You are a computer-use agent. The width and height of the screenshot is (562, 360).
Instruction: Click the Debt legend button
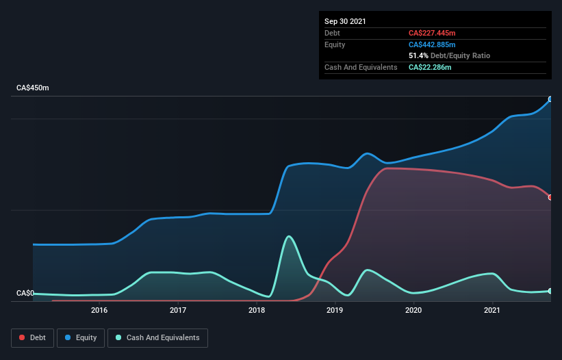pos(31,337)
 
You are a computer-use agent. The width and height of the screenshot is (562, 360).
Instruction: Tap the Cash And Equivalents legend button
pos(157,337)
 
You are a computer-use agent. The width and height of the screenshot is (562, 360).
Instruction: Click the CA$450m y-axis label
pos(33,88)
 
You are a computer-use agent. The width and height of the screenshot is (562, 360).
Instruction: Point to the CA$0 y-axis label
pos(25,294)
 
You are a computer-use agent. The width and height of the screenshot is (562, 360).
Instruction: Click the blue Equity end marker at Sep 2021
pos(550,99)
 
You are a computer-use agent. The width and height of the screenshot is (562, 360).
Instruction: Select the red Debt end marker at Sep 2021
pos(550,197)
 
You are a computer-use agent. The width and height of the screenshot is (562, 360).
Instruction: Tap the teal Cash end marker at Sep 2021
pos(550,291)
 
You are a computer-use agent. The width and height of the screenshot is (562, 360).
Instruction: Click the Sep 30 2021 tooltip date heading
pos(345,21)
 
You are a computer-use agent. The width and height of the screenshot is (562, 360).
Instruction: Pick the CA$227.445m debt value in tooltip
pos(433,33)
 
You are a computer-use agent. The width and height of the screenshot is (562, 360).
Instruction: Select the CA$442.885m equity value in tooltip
pos(433,44)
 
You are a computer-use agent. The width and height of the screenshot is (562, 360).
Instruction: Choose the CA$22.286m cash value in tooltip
pos(430,67)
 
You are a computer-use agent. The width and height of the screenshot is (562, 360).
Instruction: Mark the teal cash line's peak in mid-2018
pos(289,237)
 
